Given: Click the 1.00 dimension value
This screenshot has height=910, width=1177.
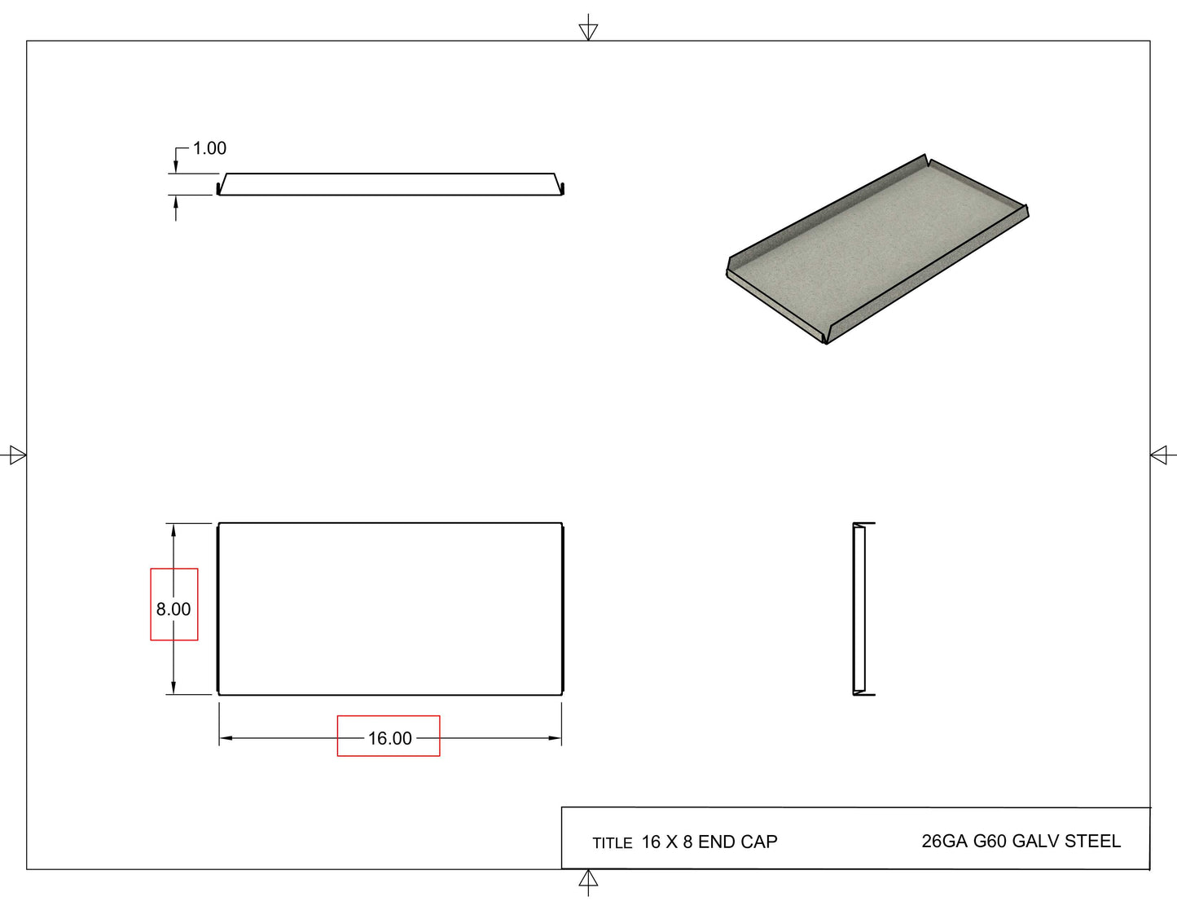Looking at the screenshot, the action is tap(209, 148).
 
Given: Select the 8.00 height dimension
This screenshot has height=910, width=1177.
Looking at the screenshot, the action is tap(173, 609).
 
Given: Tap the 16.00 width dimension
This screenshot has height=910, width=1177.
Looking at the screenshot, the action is tap(390, 738).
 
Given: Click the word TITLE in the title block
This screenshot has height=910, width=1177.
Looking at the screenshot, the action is tap(612, 843).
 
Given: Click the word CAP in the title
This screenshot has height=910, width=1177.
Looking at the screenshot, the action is tap(764, 842).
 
